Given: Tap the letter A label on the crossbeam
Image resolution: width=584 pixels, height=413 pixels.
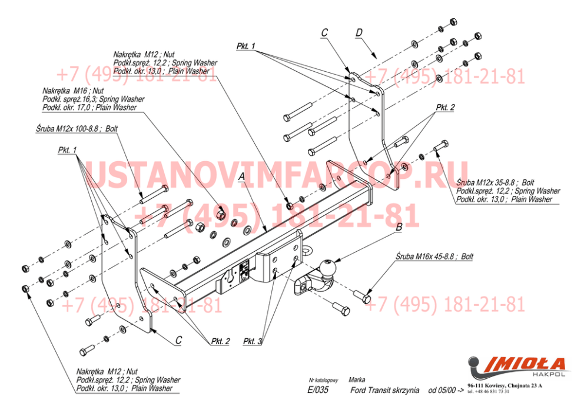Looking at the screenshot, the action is click(x=242, y=176).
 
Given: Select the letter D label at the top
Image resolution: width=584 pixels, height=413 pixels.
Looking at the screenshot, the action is click(x=359, y=33).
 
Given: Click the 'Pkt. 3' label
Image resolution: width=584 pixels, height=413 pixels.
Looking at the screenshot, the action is click(x=252, y=341).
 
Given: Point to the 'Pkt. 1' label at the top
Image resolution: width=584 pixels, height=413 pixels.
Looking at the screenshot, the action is click(x=245, y=46).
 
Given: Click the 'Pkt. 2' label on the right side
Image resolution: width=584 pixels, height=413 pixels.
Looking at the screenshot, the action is click(x=445, y=108).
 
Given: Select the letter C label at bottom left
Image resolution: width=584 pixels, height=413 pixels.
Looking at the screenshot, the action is click(x=178, y=339).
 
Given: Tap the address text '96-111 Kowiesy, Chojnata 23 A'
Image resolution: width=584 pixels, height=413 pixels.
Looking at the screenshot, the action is click(x=505, y=385).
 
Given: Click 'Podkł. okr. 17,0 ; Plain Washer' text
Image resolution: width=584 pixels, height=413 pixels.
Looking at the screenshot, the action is click(x=89, y=108).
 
